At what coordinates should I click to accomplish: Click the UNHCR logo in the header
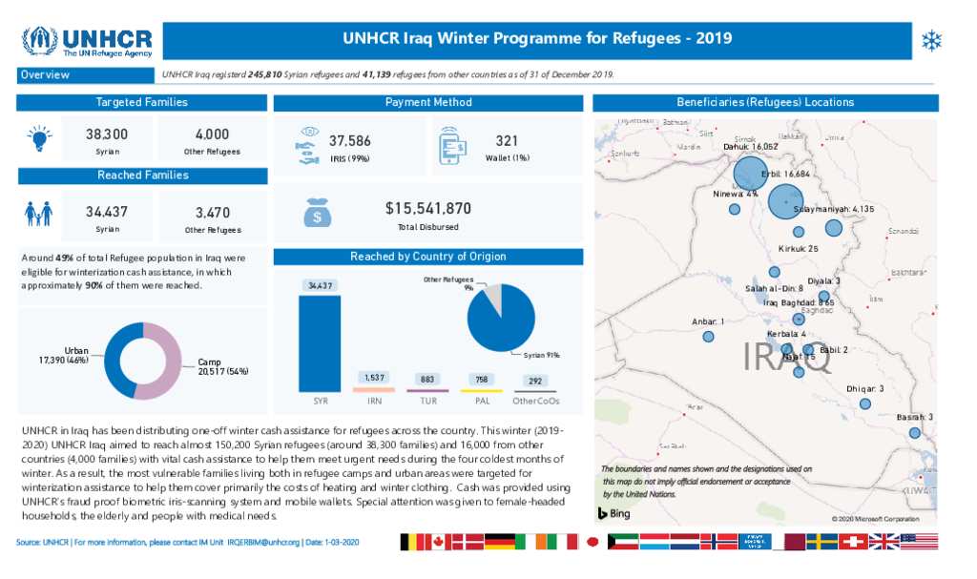(88, 43)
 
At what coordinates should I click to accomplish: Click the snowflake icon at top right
(931, 40)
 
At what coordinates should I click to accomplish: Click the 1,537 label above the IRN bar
(374, 378)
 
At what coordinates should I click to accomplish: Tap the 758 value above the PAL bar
(482, 380)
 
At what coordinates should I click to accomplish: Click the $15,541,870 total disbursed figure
(427, 208)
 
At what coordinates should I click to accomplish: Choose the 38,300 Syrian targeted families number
(107, 134)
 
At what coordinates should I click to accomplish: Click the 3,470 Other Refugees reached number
(213, 212)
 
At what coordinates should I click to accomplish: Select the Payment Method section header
(427, 102)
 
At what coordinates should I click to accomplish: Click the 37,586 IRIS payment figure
(349, 141)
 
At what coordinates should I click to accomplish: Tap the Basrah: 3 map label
(914, 418)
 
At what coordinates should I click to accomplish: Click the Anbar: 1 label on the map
(708, 322)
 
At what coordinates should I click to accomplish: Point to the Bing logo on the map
(615, 514)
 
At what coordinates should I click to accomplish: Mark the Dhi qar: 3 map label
(864, 389)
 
